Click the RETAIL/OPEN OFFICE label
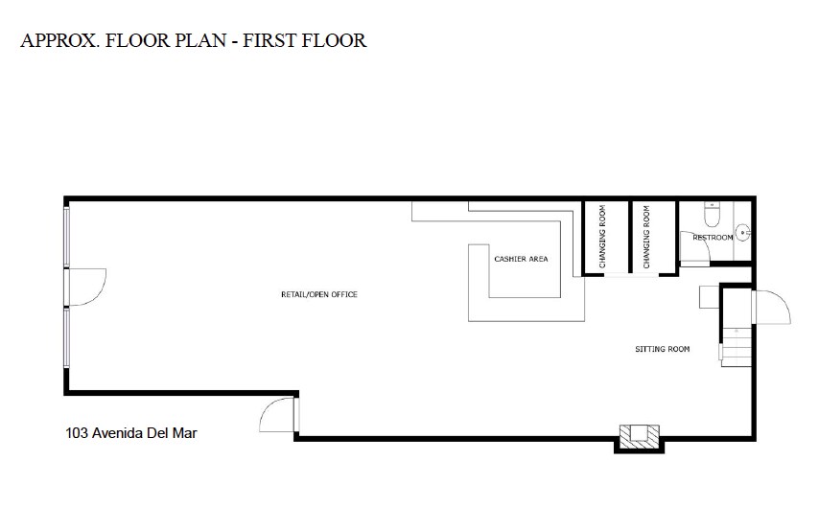click(x=318, y=294)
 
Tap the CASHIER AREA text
click(x=521, y=259)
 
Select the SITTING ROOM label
click(x=662, y=349)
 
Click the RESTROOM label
click(x=712, y=237)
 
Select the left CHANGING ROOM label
click(x=602, y=236)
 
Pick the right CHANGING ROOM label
click(x=646, y=236)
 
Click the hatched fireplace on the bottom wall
click(x=637, y=436)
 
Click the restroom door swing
click(x=693, y=248)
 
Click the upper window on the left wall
click(x=66, y=236)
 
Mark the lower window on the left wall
click(x=66, y=336)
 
